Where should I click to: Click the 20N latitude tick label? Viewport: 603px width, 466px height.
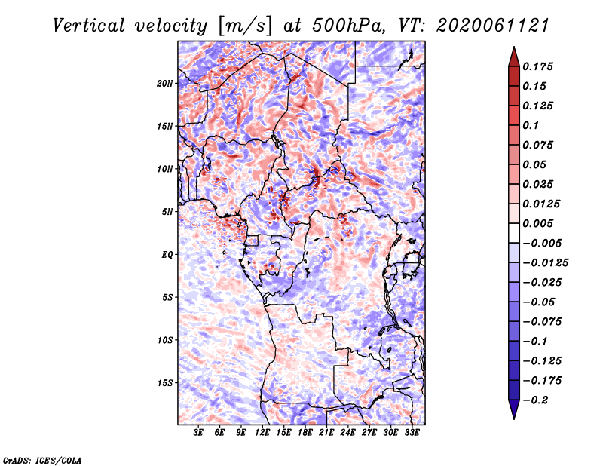pos(165,83)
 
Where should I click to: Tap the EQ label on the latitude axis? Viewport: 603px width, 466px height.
pos(167,254)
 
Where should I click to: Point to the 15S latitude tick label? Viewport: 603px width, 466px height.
pos(165,383)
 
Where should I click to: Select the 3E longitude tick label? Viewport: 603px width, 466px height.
pos(198,432)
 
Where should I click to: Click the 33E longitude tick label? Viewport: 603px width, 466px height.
pos(412,432)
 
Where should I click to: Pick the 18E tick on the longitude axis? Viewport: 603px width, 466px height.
pos(305,432)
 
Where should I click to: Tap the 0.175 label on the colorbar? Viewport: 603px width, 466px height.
pos(537,66)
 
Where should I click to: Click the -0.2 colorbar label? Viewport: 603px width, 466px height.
pos(535,400)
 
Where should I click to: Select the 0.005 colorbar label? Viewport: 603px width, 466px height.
pos(537,223)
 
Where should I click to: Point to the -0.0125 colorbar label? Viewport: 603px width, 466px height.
pos(545,263)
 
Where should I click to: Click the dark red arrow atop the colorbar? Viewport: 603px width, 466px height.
pos(514,57)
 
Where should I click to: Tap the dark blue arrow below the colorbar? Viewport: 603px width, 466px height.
pos(514,409)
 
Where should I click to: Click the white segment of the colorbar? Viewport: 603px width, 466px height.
pos(514,233)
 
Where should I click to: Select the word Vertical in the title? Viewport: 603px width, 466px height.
pos(89,26)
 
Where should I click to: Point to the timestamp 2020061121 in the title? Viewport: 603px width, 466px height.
pos(493,26)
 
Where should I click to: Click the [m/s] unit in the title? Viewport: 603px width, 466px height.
pos(245,26)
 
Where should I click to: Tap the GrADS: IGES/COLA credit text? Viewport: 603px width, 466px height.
pos(42,460)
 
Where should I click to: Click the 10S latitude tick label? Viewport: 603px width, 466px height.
pos(165,340)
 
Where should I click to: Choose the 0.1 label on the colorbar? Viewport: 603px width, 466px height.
pos(531,125)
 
